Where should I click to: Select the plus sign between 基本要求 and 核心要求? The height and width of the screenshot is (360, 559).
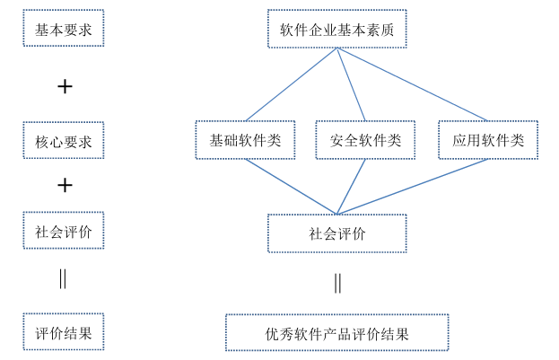(64, 86)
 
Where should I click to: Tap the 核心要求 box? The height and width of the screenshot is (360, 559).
(63, 141)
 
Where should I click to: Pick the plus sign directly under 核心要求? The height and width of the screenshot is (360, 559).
(64, 185)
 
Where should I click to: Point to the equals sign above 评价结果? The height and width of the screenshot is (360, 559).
(63, 278)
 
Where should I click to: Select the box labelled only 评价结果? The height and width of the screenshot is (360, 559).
(63, 332)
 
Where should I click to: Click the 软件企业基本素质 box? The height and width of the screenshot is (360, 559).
(336, 29)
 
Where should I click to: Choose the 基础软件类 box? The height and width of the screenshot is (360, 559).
(245, 140)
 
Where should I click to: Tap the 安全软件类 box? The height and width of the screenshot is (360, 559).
(365, 140)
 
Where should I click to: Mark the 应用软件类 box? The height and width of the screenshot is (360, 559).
(488, 140)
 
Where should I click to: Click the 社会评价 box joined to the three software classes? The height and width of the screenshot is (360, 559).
(336, 233)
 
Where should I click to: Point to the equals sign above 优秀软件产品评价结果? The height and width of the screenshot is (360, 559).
(337, 283)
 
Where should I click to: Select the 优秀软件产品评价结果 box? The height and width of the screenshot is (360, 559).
(336, 333)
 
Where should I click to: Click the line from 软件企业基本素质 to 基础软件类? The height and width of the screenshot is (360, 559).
(292, 84)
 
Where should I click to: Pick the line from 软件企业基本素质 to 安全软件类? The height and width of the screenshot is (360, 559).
(351, 84)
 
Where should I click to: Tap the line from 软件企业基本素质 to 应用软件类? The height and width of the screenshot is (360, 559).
(413, 84)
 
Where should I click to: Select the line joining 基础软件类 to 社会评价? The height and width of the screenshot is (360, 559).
(291, 187)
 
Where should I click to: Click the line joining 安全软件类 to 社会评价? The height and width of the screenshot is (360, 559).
(351, 187)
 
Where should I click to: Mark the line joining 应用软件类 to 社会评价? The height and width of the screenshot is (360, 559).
(413, 187)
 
